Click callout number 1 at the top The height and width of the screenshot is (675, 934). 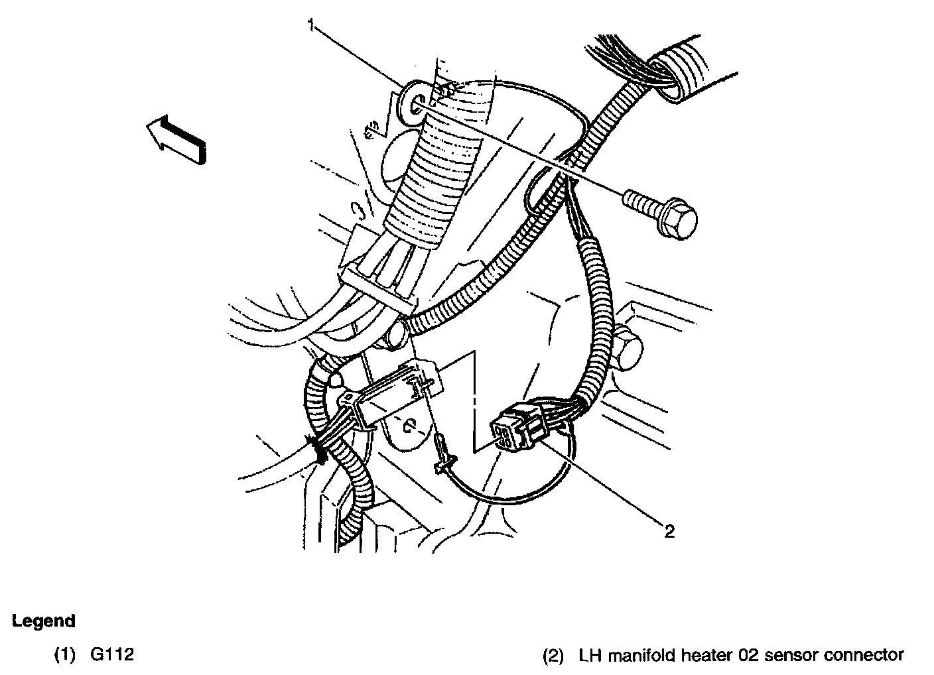[312, 25]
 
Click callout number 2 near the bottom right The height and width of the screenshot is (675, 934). [669, 531]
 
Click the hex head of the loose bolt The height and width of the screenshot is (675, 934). [677, 219]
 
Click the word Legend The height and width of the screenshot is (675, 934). [44, 621]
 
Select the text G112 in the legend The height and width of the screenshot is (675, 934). [112, 654]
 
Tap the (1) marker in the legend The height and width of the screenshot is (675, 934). [65, 654]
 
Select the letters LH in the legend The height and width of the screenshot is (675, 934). [590, 655]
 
